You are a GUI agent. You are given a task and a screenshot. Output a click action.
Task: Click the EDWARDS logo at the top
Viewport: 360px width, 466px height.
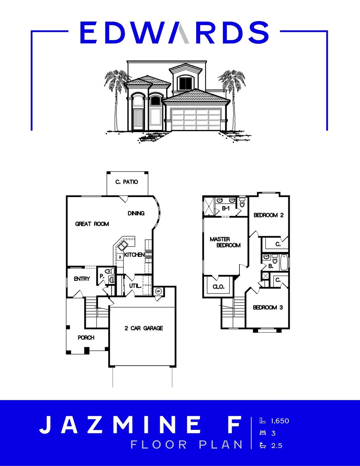174,32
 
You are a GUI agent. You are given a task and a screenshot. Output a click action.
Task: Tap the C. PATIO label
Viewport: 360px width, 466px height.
127,182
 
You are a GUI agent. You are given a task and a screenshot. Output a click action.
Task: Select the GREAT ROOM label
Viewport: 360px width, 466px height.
92,224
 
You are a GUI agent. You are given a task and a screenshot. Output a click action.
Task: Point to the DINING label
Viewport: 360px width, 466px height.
136,213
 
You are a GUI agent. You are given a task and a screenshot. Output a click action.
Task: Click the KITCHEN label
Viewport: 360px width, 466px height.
134,254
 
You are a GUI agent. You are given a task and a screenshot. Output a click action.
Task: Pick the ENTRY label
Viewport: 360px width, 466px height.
82,279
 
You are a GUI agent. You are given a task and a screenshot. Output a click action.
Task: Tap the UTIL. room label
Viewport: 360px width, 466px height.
135,286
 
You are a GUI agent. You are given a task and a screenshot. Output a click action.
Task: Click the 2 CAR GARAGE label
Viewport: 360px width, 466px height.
144,328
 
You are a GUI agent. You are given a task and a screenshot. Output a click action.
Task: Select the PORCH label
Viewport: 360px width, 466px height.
86,337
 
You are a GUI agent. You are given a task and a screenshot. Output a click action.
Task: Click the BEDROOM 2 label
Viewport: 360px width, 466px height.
269,215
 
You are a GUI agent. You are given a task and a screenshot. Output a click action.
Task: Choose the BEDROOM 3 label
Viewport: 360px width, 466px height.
268,308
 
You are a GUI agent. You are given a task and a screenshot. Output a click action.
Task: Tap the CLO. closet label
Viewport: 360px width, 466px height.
218,287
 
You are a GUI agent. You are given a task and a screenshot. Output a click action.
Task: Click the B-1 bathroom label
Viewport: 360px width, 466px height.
226,208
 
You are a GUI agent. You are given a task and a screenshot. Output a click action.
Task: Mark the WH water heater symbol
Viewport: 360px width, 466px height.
158,291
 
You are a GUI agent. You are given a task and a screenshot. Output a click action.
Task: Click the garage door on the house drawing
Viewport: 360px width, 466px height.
195,119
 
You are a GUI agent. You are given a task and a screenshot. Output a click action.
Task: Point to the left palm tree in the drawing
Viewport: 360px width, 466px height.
116,91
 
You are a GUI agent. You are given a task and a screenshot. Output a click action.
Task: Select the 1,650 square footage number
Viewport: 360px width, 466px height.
280,421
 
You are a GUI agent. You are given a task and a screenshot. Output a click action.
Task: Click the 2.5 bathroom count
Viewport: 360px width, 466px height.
277,446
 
